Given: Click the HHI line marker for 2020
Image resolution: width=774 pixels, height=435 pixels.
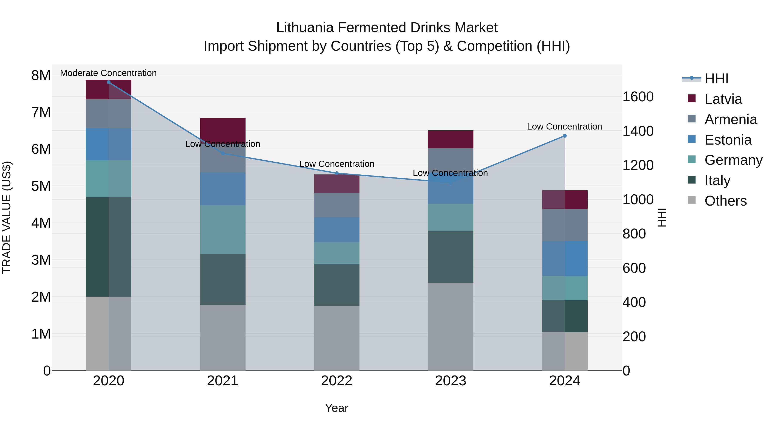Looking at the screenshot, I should tap(109, 82).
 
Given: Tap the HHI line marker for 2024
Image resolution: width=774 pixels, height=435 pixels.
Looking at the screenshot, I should tap(565, 136).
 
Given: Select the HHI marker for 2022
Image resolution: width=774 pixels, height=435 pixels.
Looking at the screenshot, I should tap(336, 173).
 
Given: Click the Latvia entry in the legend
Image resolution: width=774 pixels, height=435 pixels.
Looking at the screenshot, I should tap(723, 99).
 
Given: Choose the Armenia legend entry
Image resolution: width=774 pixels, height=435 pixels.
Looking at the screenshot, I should tap(730, 119).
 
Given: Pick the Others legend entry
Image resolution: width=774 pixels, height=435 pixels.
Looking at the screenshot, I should tap(725, 201).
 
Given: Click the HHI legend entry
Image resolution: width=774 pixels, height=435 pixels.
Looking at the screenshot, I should tap(716, 79).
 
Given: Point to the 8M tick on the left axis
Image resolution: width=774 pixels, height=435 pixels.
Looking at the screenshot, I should tap(41, 75).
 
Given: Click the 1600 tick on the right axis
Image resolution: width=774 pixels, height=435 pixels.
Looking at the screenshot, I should tap(638, 97).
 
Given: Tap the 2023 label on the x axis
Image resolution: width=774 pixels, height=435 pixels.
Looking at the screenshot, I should tap(450, 381).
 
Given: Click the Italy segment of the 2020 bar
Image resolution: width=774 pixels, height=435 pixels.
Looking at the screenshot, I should tap(109, 247).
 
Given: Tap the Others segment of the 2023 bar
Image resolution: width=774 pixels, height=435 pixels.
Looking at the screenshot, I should tap(450, 326).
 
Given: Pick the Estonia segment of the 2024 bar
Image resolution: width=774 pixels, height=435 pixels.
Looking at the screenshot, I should tap(565, 258).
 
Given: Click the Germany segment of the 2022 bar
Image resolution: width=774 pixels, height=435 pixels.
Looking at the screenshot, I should tap(336, 253).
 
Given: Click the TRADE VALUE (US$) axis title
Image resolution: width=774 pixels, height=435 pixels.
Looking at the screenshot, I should tap(7, 217).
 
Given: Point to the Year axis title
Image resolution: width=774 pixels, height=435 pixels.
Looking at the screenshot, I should tap(336, 408).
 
